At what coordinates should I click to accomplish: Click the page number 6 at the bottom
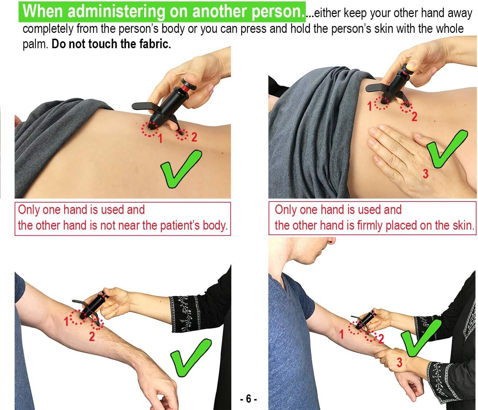click(x=248, y=398)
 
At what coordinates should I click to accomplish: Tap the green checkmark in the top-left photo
click(x=181, y=169)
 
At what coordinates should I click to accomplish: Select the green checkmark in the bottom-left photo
click(x=191, y=357)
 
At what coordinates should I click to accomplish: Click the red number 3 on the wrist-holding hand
click(x=400, y=362)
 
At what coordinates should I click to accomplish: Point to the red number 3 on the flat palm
click(x=425, y=174)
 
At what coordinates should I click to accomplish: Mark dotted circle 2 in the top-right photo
click(x=406, y=107)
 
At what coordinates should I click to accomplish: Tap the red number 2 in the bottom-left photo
click(x=92, y=336)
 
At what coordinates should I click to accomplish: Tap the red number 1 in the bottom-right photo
click(x=341, y=334)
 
